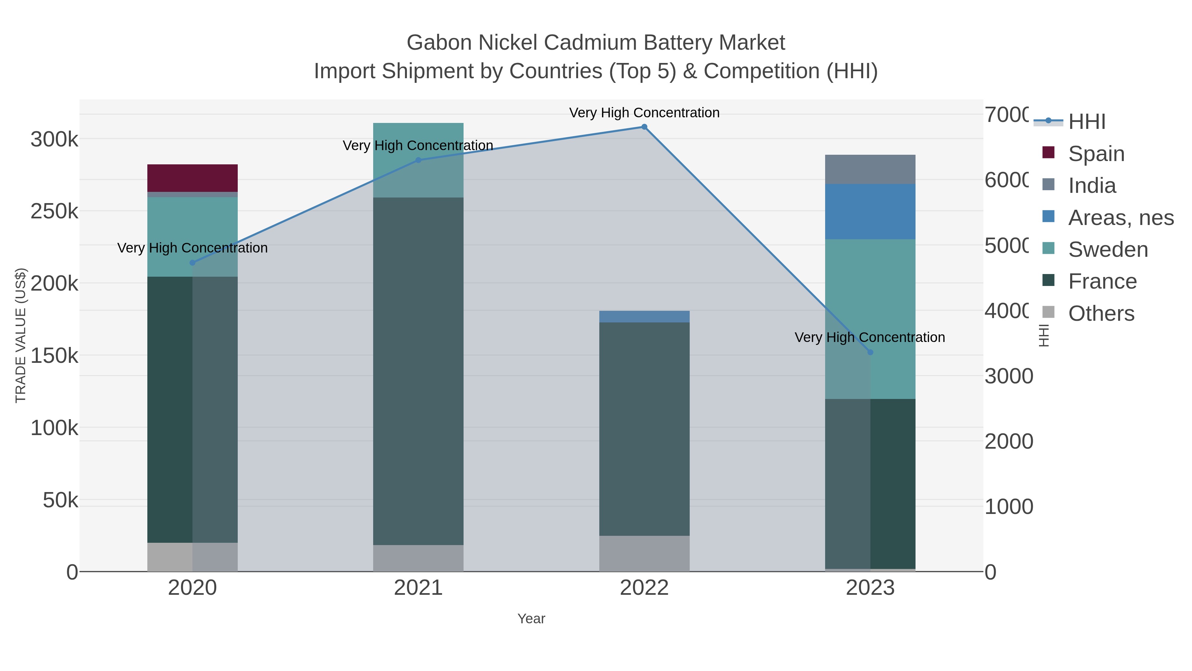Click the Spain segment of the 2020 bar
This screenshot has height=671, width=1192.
point(192,178)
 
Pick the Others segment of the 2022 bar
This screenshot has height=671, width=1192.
point(644,553)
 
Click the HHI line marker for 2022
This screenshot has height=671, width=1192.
point(644,127)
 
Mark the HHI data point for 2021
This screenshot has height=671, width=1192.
point(418,160)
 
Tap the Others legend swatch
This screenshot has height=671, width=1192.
point(1048,312)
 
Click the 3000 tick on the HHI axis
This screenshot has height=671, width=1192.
point(1008,376)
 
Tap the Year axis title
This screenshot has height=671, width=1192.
point(531,619)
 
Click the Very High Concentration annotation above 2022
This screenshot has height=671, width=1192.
point(644,113)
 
